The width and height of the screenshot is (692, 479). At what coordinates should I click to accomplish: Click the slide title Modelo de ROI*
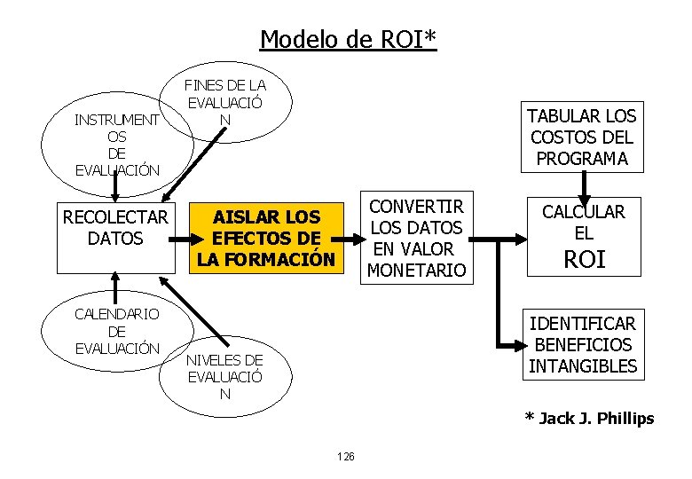click(x=348, y=40)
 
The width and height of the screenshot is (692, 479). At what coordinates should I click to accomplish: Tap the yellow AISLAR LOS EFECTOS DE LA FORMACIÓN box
click(x=267, y=238)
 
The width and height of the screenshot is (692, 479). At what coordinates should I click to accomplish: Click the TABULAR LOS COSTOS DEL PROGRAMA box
click(x=583, y=137)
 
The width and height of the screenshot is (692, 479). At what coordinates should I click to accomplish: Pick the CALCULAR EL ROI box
click(x=583, y=234)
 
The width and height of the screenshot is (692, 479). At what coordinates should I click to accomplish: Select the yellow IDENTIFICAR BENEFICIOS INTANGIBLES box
click(x=583, y=344)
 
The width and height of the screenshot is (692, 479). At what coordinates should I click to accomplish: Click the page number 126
click(x=346, y=456)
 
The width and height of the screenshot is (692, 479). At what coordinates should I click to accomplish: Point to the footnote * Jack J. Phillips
click(x=589, y=418)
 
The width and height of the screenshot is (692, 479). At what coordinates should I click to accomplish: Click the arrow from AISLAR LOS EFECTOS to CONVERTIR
click(x=352, y=238)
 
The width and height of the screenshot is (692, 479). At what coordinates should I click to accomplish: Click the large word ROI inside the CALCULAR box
click(x=584, y=259)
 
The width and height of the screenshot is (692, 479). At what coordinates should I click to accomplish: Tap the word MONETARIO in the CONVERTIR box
click(x=416, y=270)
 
